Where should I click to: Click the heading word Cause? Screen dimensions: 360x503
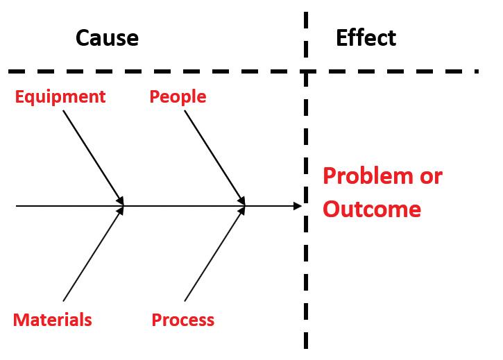[x=107, y=37]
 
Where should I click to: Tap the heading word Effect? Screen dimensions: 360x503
[x=366, y=37]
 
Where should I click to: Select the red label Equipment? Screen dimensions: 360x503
[x=60, y=96]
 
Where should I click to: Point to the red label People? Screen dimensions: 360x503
[x=178, y=96]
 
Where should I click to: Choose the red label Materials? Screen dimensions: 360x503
[x=52, y=320]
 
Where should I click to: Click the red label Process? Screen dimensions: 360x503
[x=182, y=320]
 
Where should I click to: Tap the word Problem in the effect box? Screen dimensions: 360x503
[x=366, y=176]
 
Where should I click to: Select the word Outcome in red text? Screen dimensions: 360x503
[x=372, y=209]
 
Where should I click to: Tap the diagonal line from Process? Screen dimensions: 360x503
[x=214, y=255]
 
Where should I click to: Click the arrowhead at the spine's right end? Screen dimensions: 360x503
[x=298, y=206]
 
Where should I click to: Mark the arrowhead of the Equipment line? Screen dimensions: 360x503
[x=120, y=201]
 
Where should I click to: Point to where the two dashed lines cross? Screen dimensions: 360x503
[x=305, y=71]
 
